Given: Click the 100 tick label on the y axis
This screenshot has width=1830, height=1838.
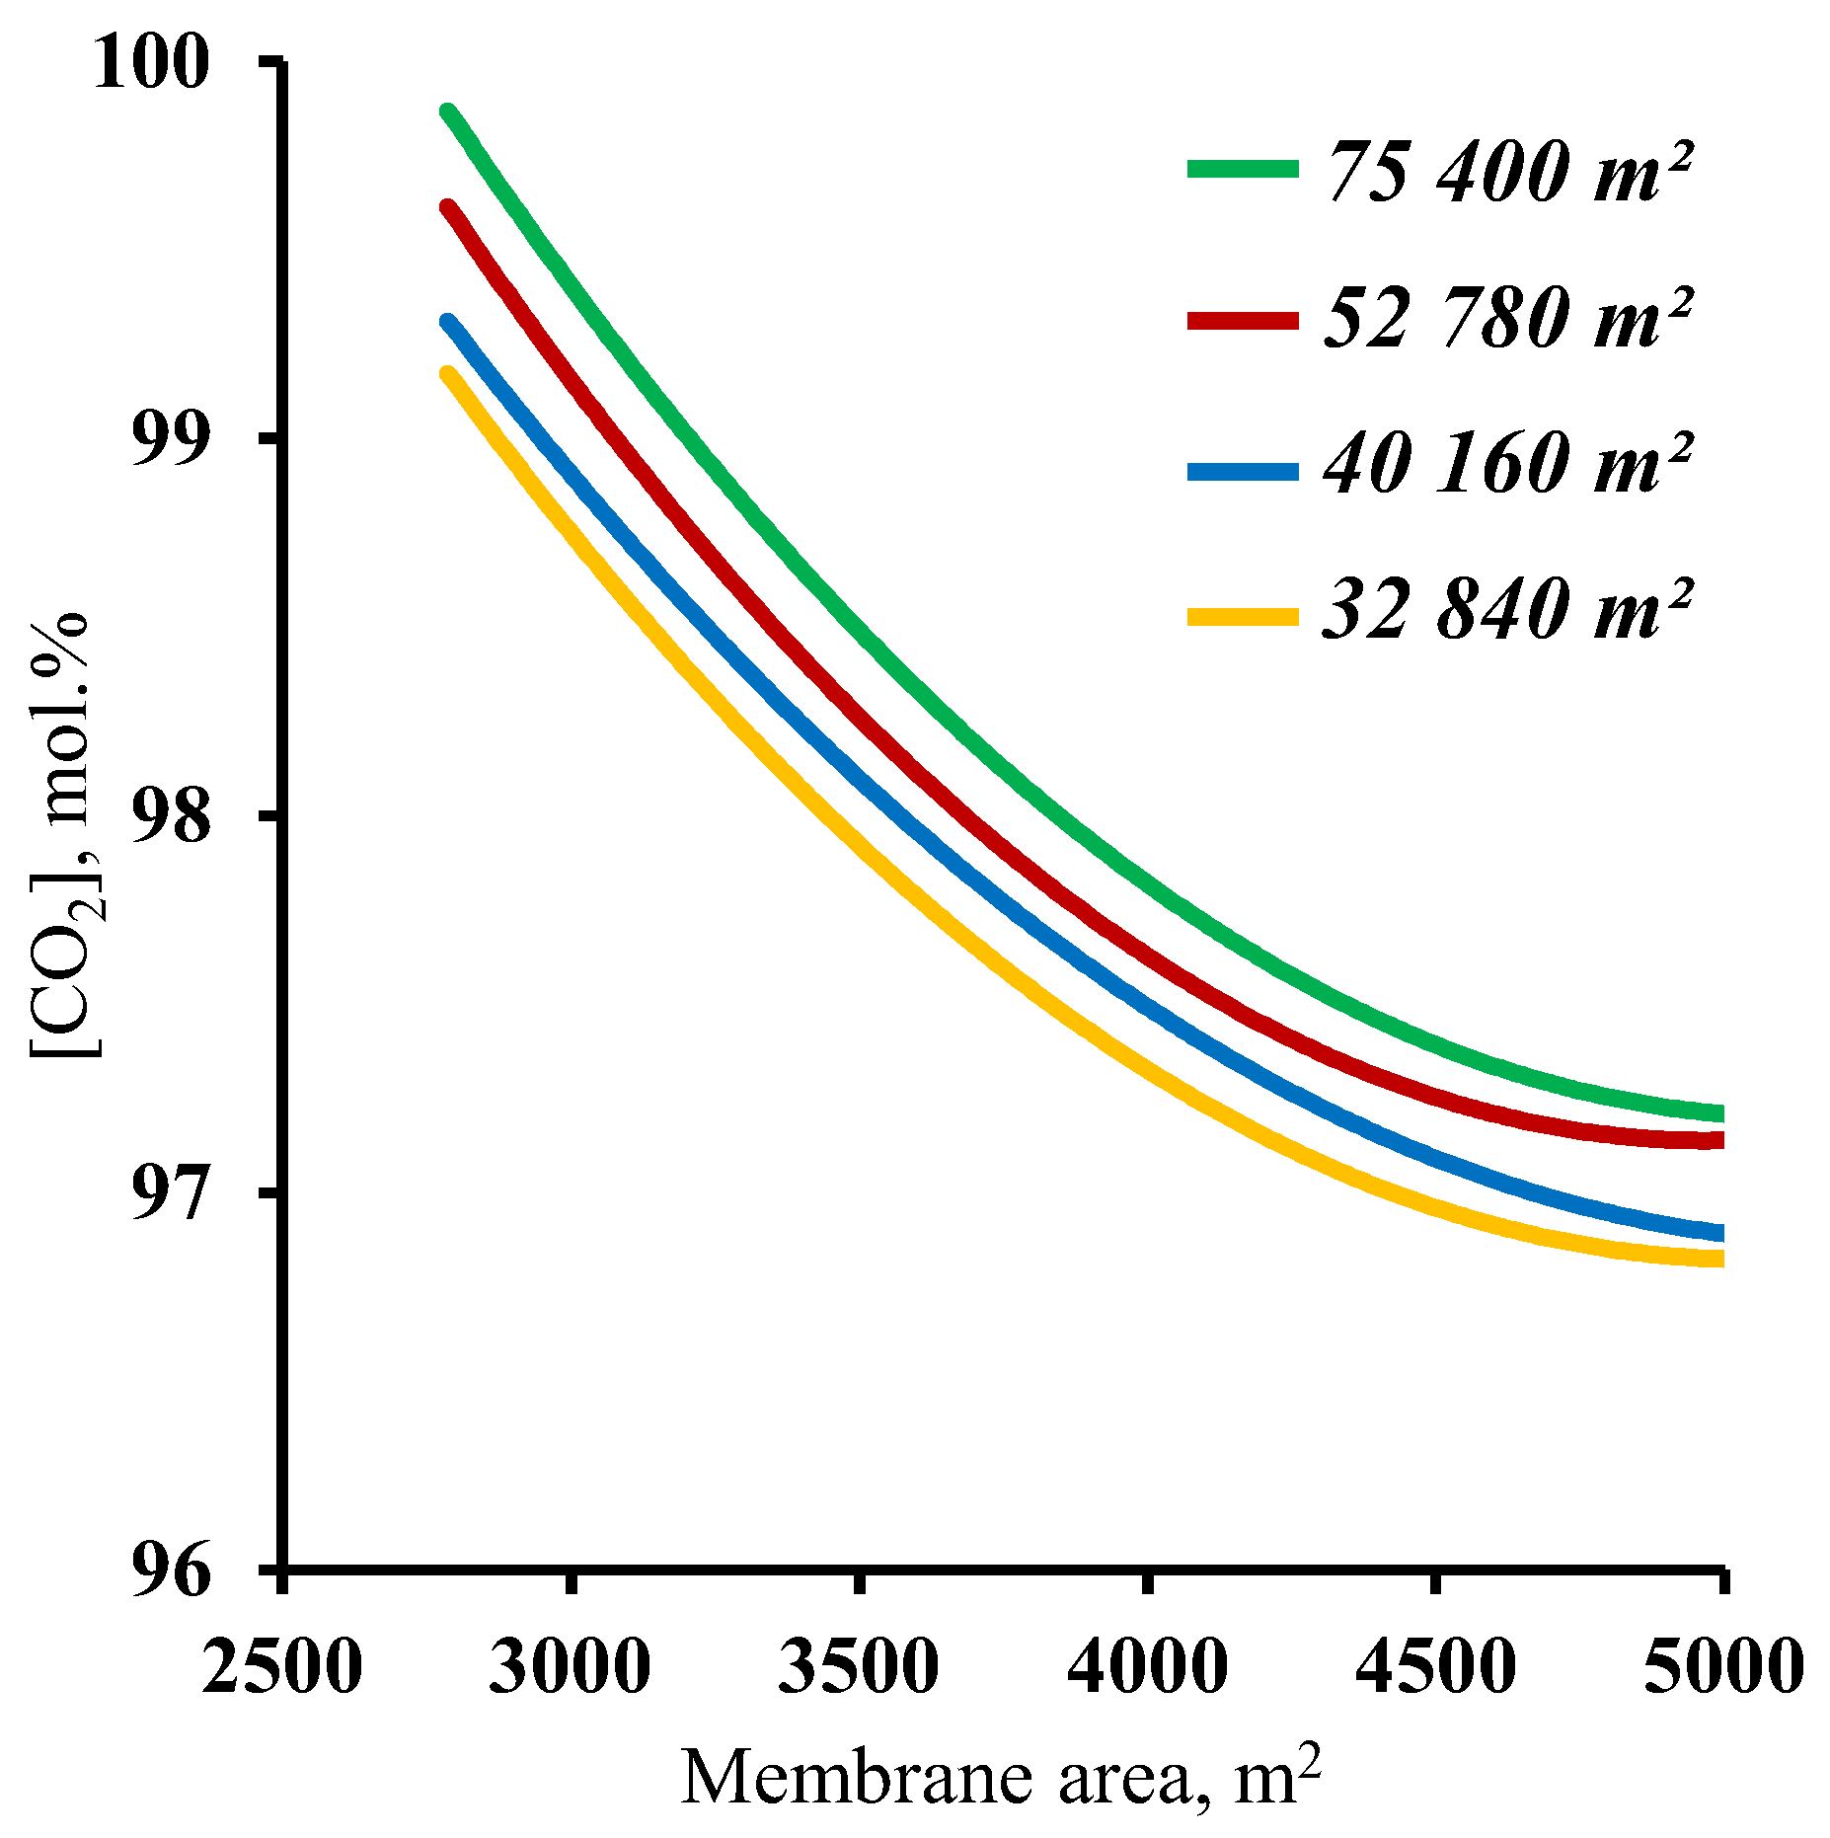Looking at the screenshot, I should click(x=151, y=62).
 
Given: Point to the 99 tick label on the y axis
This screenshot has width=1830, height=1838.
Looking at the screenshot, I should click(x=171, y=439).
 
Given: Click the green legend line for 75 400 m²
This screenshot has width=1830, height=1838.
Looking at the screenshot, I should click(x=1242, y=169).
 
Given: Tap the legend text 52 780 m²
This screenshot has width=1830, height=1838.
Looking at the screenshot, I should click(x=1508, y=318).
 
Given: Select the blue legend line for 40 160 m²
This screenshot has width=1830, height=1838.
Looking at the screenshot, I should click(x=1242, y=471).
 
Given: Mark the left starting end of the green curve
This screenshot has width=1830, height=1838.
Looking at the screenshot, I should click(x=449, y=112).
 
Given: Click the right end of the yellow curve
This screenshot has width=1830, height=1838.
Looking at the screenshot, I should click(x=1719, y=1259).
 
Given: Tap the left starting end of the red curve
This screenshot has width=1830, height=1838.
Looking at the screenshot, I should click(x=449, y=207).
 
